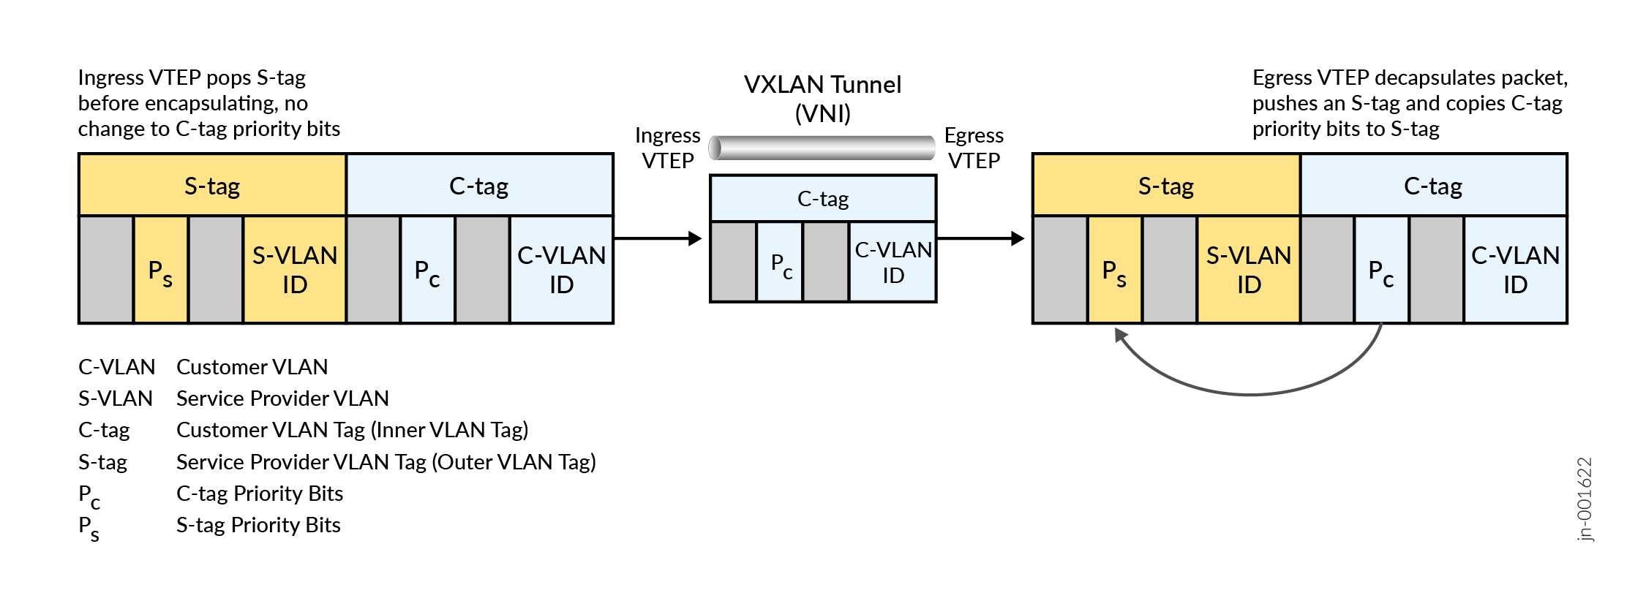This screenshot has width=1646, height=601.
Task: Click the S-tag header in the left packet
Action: coord(212,186)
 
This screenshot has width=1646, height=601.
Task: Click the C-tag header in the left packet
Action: coord(479,186)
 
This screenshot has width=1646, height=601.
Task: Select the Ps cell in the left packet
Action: coord(161,271)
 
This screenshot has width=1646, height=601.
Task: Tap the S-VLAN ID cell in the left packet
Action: coord(294,270)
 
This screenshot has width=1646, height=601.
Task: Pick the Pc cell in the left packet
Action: coord(427,271)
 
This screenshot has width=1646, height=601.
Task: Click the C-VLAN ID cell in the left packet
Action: coord(561,270)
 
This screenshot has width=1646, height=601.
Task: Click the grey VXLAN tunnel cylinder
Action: coord(822,148)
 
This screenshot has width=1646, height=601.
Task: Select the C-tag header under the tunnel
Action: coord(823,199)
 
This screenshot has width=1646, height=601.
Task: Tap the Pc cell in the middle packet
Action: coord(780,262)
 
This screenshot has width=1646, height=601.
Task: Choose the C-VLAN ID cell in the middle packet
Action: coord(892,262)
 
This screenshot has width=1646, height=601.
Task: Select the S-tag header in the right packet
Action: coord(1166,186)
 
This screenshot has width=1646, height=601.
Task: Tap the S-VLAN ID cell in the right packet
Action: coord(1248,270)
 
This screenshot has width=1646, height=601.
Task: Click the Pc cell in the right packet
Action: coord(1381,271)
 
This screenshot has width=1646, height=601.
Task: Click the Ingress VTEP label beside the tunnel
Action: coord(667,148)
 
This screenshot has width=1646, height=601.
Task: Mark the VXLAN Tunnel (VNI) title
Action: coord(822,99)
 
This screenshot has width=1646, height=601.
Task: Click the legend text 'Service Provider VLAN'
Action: coord(282,398)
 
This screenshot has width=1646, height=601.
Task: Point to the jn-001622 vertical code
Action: coord(1584,499)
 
